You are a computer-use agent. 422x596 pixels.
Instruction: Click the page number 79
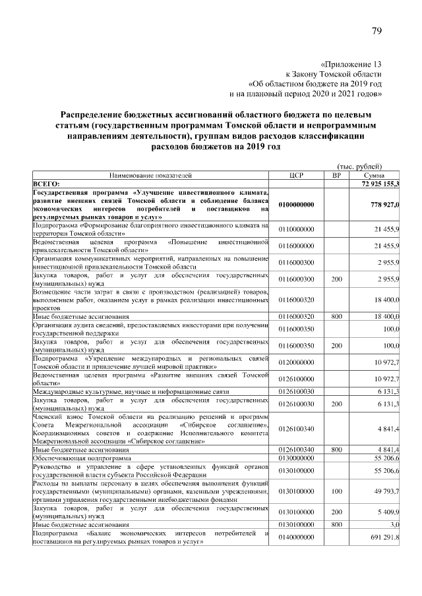point(377,32)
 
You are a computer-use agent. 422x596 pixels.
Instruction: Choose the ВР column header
point(336,175)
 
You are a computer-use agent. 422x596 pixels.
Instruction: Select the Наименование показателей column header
point(150,175)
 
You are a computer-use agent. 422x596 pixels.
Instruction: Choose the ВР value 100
point(336,491)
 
